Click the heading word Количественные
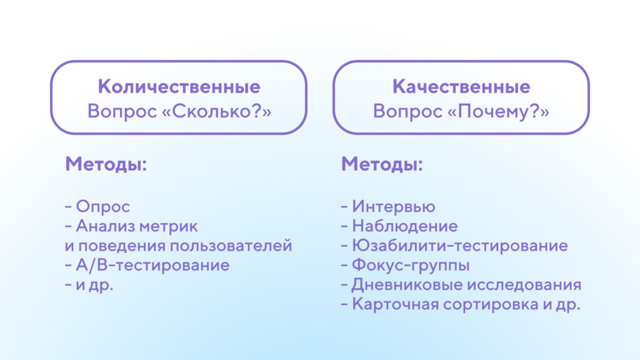click(x=179, y=86)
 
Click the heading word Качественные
click(x=461, y=86)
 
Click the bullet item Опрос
click(x=103, y=206)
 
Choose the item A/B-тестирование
click(x=152, y=265)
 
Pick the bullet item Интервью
click(x=393, y=206)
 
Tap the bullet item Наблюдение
click(x=404, y=226)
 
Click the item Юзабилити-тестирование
click(x=459, y=246)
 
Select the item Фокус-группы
click(x=411, y=265)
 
